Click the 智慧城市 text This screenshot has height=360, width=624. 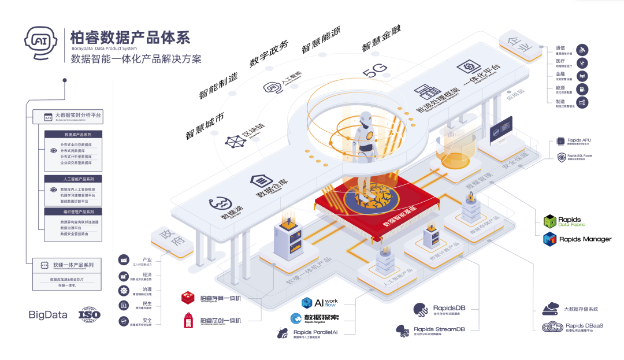[206, 124]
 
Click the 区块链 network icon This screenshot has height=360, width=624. [235, 142]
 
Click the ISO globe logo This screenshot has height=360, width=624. [90, 315]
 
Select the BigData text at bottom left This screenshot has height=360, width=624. [48, 315]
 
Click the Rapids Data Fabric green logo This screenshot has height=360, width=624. [550, 221]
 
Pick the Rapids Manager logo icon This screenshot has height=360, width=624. [550, 239]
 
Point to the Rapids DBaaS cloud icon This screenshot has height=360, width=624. [552, 326]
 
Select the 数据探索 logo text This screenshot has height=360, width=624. [321, 317]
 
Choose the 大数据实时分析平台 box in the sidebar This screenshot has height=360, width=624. [68, 117]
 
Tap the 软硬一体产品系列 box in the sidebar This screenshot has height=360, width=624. [68, 265]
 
